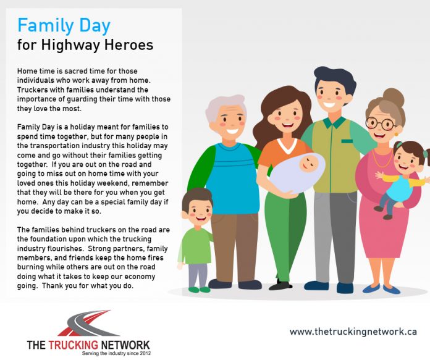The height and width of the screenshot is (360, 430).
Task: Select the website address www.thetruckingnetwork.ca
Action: [353, 332]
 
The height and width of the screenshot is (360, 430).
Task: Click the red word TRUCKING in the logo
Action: [74, 345]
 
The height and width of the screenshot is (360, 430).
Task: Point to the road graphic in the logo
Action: [88, 323]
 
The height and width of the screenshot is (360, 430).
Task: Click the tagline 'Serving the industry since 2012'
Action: [116, 353]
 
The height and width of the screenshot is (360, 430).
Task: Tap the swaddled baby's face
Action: [309, 162]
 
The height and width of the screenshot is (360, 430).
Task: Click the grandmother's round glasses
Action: [381, 123]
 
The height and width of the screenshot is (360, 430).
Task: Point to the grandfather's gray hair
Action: [224, 106]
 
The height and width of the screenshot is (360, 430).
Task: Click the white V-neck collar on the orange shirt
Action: [287, 146]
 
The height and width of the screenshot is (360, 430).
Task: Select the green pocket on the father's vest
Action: [347, 141]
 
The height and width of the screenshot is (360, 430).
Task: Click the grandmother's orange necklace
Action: [382, 159]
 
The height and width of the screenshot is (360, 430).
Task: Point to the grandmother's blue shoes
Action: [381, 289]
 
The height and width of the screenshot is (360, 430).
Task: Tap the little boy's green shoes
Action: [200, 289]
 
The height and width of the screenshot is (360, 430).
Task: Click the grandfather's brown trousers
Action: [235, 248]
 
